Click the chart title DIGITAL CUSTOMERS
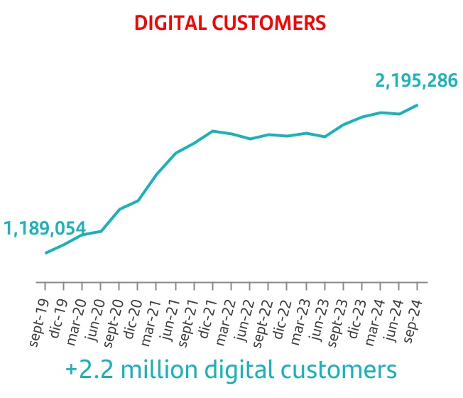click(231, 23)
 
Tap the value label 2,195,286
click(416, 81)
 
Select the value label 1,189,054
click(45, 229)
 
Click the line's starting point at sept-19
click(46, 253)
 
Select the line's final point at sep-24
click(417, 105)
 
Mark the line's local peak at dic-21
click(213, 131)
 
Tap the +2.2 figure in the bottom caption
click(89, 370)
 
